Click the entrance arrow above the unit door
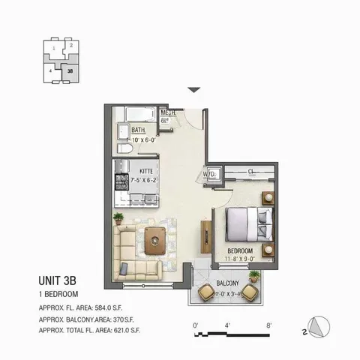point(193,89)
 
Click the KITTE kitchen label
point(141,172)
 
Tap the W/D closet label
point(208,174)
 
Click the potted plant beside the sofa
point(118,218)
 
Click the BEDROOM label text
point(244,250)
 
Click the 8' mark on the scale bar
point(268,325)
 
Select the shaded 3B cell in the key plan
point(70,72)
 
